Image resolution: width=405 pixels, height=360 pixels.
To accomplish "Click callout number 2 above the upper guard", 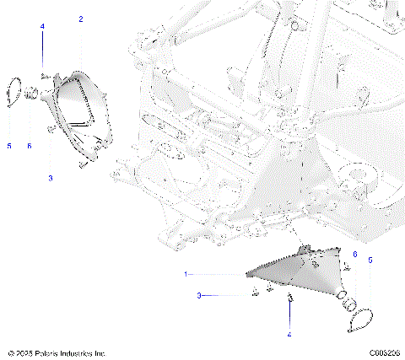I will [81, 18].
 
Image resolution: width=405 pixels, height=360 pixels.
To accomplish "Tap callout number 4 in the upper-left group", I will [42, 26].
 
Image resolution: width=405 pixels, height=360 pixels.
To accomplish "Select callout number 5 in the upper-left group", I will [9, 146].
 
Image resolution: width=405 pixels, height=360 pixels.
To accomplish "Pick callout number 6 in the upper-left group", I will [29, 146].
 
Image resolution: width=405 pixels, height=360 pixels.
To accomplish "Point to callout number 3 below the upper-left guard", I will [50, 179].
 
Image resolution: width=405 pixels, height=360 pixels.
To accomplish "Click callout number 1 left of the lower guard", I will [186, 275].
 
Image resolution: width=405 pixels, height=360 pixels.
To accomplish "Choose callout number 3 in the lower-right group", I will [199, 296].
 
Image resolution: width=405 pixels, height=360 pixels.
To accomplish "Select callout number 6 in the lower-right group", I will [354, 253].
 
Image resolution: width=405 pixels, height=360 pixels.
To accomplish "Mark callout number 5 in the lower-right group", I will [370, 261].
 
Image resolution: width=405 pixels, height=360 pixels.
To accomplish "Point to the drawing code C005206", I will [383, 352].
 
